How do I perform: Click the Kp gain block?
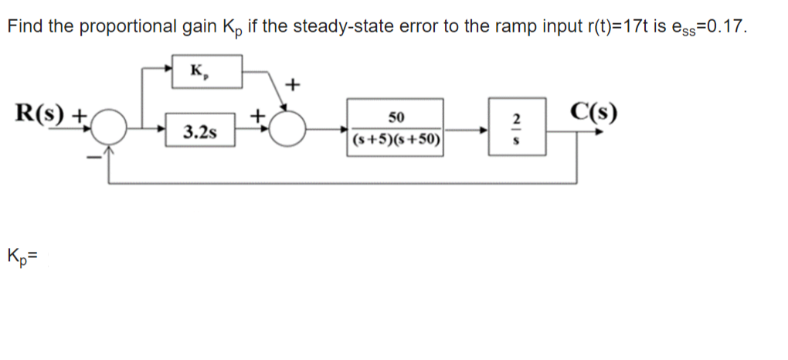(x=206, y=72)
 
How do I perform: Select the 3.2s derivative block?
(x=199, y=132)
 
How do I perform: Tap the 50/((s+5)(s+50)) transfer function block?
(x=396, y=127)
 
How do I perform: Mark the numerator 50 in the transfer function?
(x=396, y=117)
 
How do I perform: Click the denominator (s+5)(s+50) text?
(x=396, y=141)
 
